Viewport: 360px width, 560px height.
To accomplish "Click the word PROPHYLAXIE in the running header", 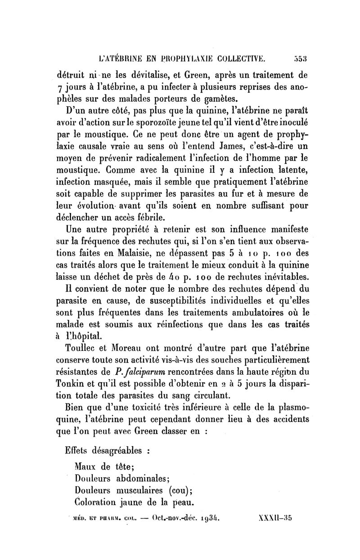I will [x=175, y=58].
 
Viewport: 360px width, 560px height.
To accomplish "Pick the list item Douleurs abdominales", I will [x=121, y=478].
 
